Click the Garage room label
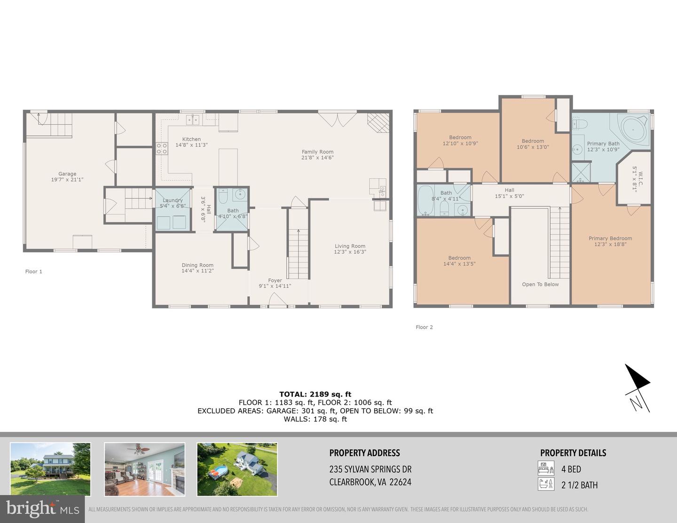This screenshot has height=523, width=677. click(x=67, y=174)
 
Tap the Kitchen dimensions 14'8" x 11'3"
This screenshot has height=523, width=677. click(x=191, y=145)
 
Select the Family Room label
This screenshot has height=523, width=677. click(x=317, y=152)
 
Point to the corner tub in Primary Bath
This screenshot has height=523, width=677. click(x=634, y=128)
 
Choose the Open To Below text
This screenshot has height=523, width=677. click(x=540, y=284)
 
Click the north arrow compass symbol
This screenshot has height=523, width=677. click(x=637, y=388)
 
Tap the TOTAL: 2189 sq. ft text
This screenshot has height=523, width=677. click(x=315, y=394)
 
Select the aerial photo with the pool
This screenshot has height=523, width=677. click(x=237, y=469)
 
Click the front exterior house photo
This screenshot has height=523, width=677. click(x=50, y=469)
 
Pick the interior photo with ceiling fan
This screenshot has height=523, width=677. click(x=144, y=469)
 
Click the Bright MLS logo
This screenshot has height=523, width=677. click(x=42, y=509)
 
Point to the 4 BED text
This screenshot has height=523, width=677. click(x=571, y=469)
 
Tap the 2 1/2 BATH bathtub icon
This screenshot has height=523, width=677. click(x=546, y=484)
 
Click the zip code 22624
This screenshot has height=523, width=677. click(x=401, y=482)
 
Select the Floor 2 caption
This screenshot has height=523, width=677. click(x=425, y=327)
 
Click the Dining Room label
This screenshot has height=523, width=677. click(x=197, y=265)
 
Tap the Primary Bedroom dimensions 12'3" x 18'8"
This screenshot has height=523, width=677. click(x=610, y=245)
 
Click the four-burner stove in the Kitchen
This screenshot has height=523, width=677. click(x=162, y=148)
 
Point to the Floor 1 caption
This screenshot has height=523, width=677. click(x=34, y=271)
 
